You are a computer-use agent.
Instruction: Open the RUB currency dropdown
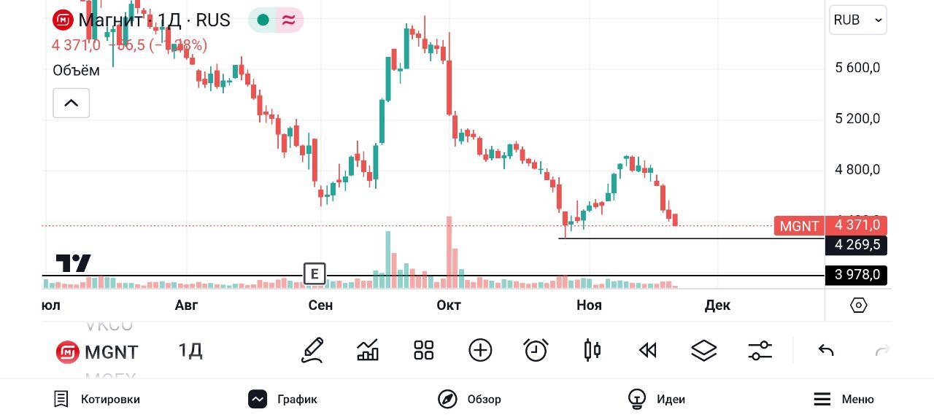pos(857,20)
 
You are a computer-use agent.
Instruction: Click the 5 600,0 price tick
pos(857,68)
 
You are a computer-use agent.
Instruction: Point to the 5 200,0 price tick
pos(857,119)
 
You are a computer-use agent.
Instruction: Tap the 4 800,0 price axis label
pos(857,170)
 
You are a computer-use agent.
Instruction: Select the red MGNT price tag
pos(799,226)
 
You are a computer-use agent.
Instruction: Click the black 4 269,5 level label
pos(857,245)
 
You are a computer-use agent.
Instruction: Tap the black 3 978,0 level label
pos(857,275)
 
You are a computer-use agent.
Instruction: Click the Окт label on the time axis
pos(449,305)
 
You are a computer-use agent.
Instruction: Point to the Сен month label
pos(320,305)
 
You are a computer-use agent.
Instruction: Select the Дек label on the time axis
pos(717,305)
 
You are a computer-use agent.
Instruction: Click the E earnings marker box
pos(314,273)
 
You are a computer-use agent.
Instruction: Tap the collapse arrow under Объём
pos(71,103)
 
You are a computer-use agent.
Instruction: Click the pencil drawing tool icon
pos(312,351)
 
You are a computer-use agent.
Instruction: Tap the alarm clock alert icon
pos(536,351)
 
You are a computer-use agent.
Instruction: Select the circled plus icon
pos(480,351)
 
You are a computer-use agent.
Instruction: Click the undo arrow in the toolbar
pos(826,351)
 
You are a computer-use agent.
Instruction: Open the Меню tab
pos(844,399)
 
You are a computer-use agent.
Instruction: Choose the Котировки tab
pos(97,399)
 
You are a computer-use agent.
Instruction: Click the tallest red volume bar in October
pos(449,248)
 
